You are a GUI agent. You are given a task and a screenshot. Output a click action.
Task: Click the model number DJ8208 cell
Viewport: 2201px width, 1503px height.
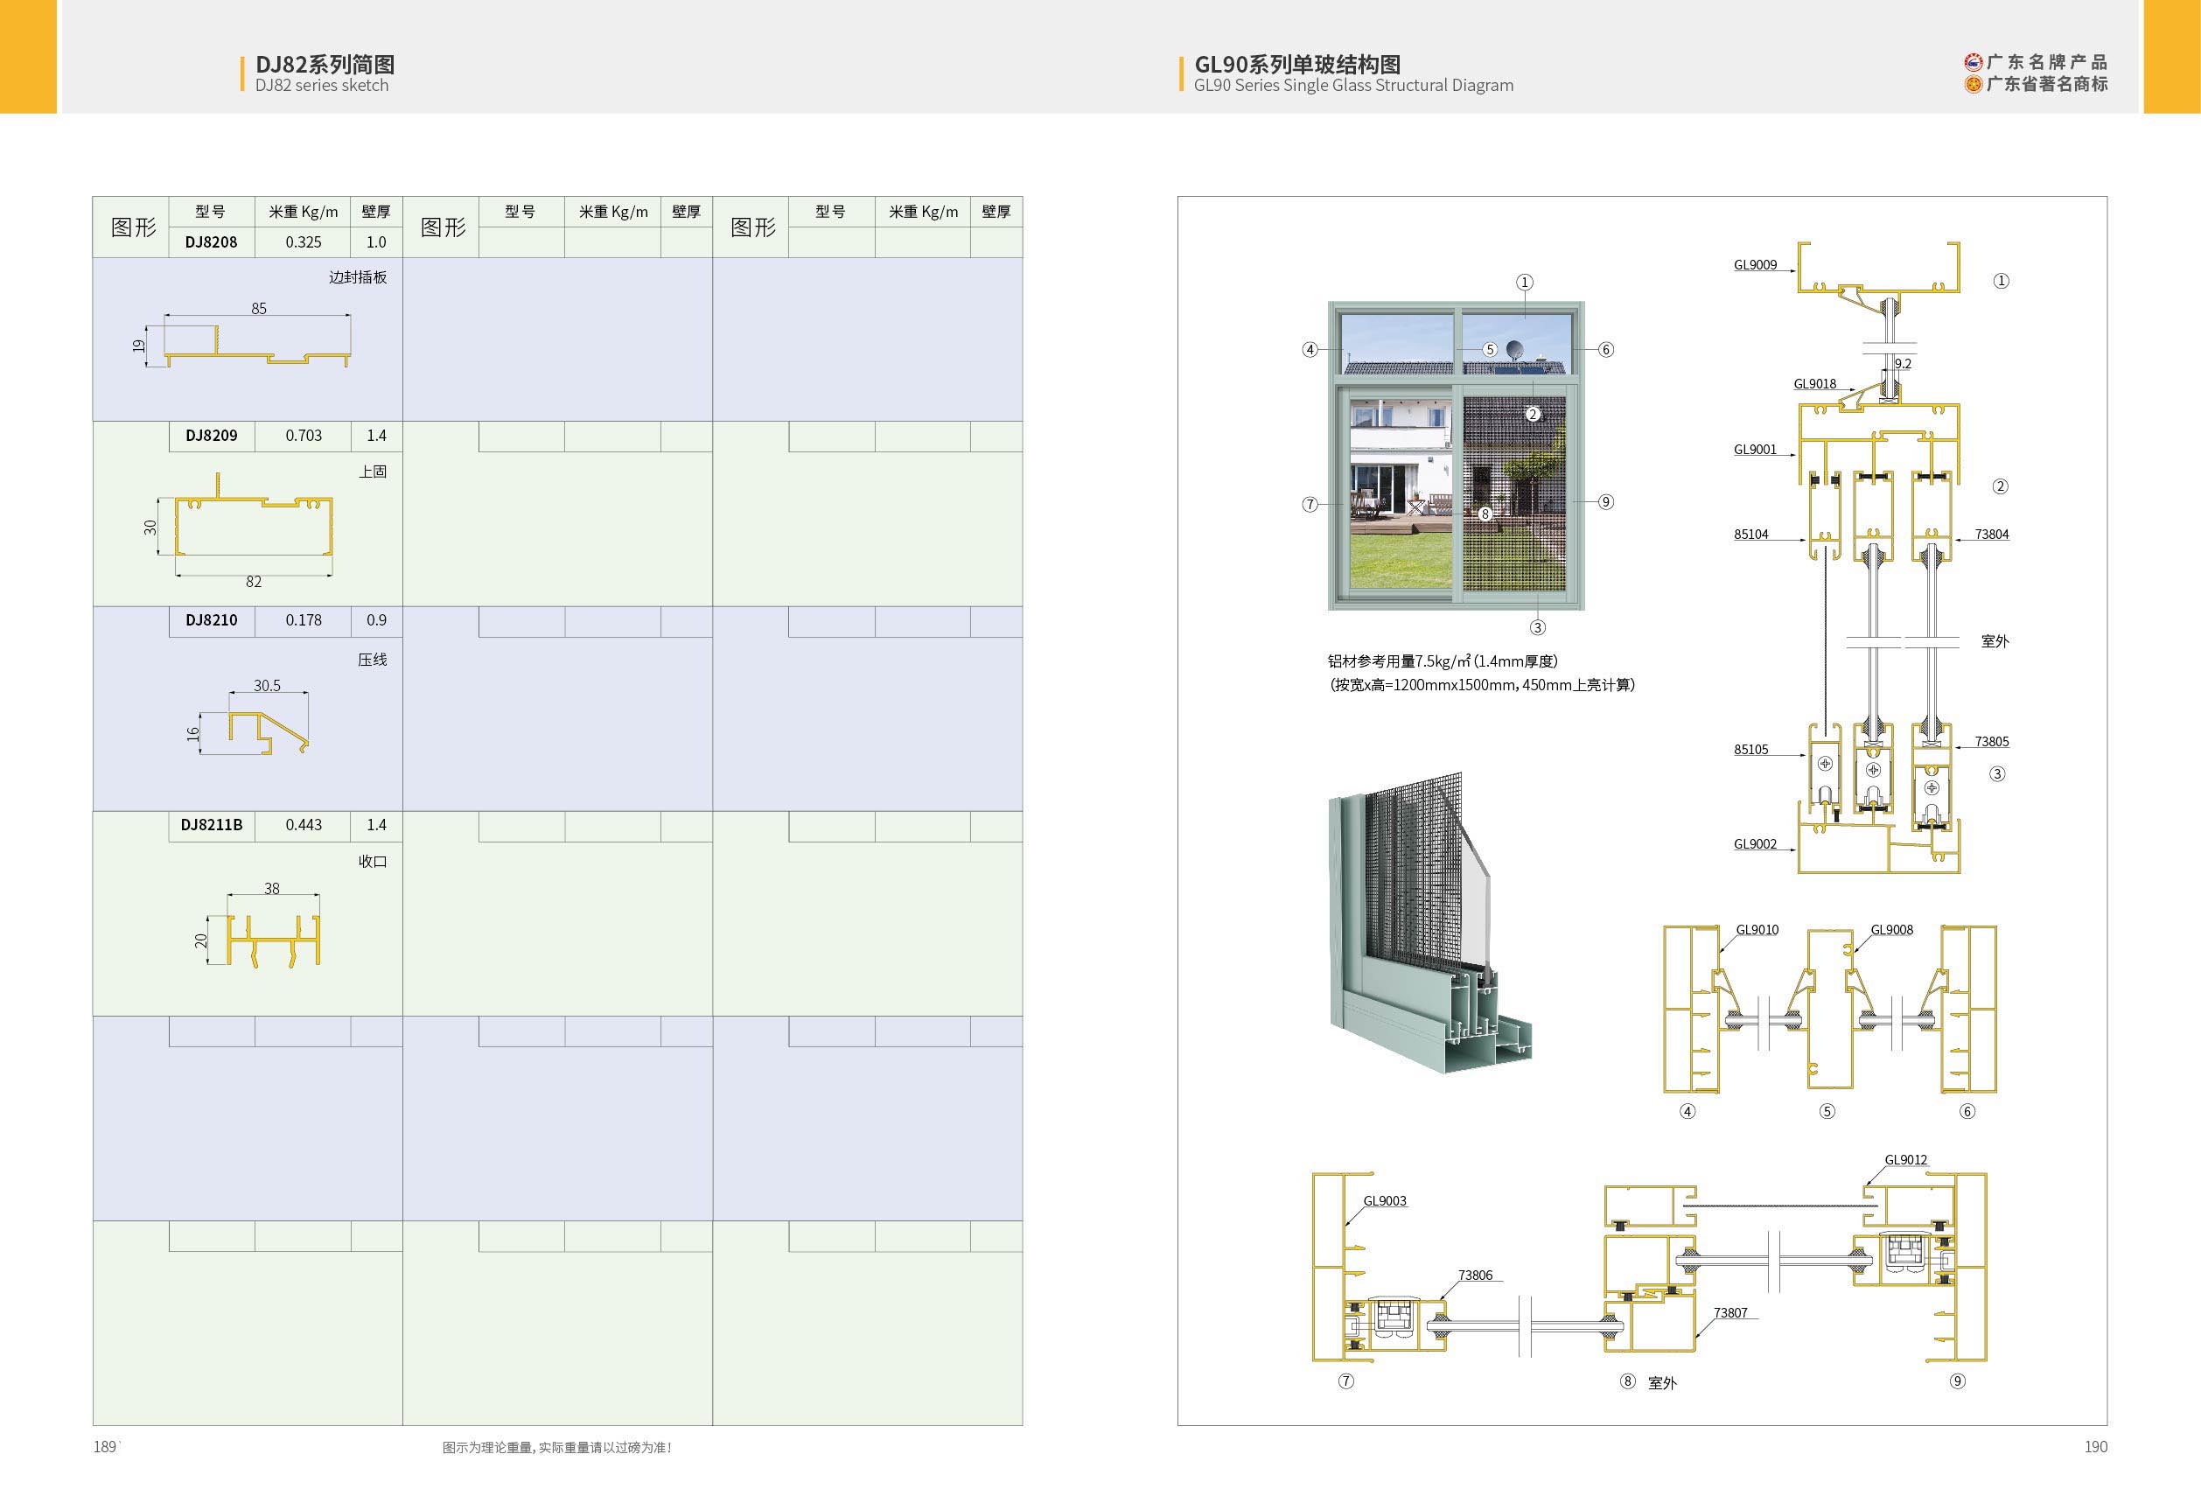(211, 242)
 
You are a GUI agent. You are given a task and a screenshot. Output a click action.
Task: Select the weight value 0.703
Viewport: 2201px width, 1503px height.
(303, 436)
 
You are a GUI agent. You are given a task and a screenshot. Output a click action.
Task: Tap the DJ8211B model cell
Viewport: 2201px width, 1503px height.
(211, 825)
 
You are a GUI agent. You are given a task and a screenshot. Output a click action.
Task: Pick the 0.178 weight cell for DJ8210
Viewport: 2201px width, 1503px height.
(303, 620)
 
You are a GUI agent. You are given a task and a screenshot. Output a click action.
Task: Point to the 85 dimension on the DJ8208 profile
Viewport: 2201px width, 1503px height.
(259, 309)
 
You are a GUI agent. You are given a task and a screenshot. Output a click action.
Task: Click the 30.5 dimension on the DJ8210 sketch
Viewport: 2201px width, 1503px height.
(267, 686)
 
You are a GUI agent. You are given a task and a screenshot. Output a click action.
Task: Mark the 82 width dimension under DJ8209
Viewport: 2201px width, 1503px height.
(254, 582)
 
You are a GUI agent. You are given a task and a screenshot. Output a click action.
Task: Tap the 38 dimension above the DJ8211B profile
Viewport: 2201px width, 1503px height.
(272, 888)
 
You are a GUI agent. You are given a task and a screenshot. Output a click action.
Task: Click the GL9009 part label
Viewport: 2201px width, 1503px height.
(1755, 265)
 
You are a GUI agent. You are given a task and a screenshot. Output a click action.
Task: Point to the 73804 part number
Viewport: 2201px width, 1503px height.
(1992, 535)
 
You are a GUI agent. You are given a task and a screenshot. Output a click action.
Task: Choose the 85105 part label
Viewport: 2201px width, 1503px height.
(1751, 749)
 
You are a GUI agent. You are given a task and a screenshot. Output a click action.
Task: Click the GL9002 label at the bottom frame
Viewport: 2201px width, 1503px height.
(1755, 844)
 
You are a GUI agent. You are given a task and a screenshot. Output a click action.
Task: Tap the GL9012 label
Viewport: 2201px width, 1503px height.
(1905, 1159)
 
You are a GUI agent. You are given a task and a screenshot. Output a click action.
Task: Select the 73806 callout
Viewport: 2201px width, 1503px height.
(1476, 1275)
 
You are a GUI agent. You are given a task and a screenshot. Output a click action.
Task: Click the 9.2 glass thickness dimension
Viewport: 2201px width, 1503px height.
(1903, 364)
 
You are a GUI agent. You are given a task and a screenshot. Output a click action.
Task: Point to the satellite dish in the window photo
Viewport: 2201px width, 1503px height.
(1515, 349)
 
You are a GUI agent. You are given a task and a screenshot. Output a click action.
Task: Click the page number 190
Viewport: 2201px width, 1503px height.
(2096, 1446)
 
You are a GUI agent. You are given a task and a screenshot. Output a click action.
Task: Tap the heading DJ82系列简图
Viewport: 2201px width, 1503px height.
(325, 65)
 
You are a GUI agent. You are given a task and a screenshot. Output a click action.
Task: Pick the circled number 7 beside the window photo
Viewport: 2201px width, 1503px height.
(1310, 505)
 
